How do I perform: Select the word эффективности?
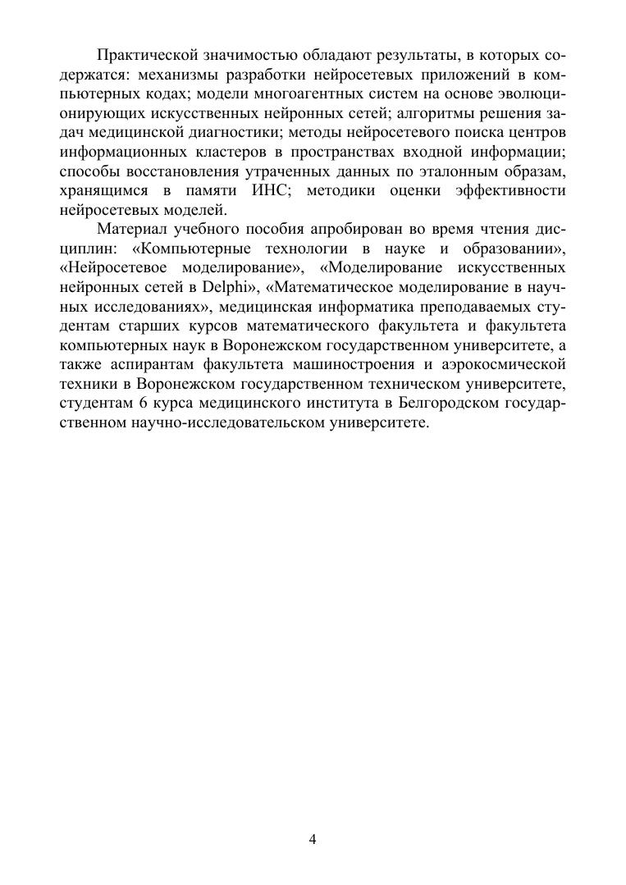pyautogui.click(x=514, y=190)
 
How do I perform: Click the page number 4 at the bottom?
pyautogui.click(x=313, y=839)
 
